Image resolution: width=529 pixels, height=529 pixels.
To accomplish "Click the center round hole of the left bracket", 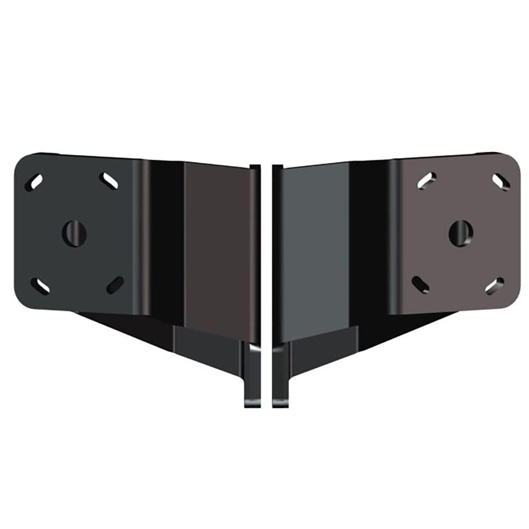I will pyautogui.click(x=74, y=232).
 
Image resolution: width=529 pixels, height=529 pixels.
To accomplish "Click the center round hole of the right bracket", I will pyautogui.click(x=460, y=232).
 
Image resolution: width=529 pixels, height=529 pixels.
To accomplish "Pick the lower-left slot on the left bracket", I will pyautogui.click(x=39, y=286).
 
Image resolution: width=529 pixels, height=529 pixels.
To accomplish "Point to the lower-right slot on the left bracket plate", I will pyautogui.click(x=115, y=285).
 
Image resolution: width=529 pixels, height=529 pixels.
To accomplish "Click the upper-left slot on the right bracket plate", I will pyautogui.click(x=427, y=180).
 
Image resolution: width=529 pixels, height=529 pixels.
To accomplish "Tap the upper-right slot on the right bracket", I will pyautogui.click(x=500, y=181).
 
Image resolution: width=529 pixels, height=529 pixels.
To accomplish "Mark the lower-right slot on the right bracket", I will pyautogui.click(x=495, y=286).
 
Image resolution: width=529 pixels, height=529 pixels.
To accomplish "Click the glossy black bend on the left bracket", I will pyautogui.click(x=164, y=238).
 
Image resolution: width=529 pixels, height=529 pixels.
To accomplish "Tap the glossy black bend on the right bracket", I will pyautogui.click(x=370, y=238).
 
